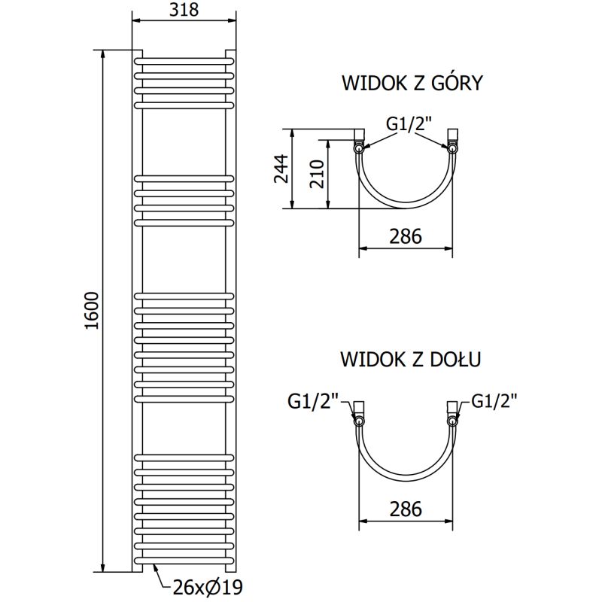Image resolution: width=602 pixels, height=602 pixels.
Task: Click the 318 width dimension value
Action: tap(184, 10)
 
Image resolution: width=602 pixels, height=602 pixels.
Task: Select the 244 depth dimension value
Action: tap(281, 169)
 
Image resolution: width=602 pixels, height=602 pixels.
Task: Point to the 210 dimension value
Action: tap(316, 175)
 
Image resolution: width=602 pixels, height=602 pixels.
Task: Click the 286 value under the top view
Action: tap(406, 236)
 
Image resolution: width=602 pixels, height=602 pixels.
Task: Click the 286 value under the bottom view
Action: tap(406, 509)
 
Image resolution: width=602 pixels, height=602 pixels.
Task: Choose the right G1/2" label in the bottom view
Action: tap(495, 401)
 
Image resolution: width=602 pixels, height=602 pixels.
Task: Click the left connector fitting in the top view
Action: tap(360, 139)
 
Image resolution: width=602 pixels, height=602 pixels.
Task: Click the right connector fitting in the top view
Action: tap(452, 139)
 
